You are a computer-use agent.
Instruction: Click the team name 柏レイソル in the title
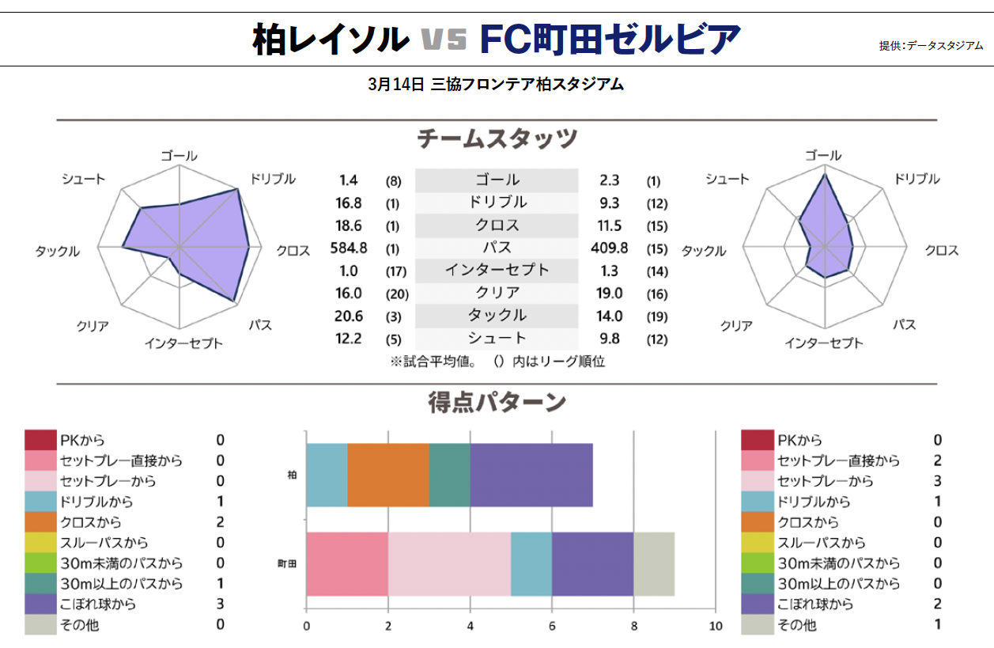pos(331,38)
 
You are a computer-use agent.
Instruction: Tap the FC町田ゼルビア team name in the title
pos(610,38)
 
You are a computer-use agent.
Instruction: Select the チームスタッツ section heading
pos(497,139)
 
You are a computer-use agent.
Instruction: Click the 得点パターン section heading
pos(497,403)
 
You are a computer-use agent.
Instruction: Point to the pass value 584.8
pos(348,248)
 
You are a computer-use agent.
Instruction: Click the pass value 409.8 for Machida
pos(609,248)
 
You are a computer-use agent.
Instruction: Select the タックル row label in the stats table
pos(497,315)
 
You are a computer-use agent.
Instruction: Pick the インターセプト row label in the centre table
pos(497,270)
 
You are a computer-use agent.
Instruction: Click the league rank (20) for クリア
pos(395,294)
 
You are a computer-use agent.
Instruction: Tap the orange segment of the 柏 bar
pos(388,475)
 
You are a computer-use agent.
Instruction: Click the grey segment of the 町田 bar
pos(654,563)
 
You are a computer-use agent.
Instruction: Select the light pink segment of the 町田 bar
pos(449,563)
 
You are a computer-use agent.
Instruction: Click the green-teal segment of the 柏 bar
pos(449,475)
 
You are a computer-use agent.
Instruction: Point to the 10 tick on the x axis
pos(715,625)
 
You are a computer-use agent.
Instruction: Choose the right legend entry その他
pos(797,625)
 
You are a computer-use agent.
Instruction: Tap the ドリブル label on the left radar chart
pos(272,179)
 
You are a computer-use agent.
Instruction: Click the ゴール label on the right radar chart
pos(823,155)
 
